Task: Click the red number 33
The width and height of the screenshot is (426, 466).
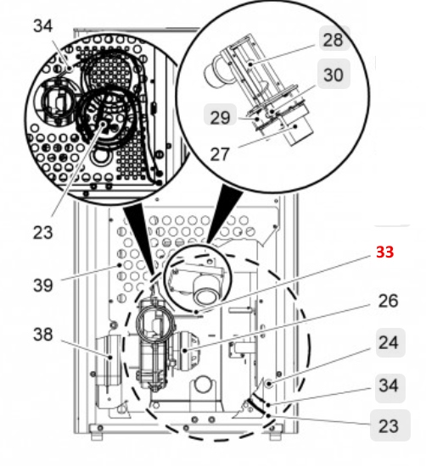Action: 384,252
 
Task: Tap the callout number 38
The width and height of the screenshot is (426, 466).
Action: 43,334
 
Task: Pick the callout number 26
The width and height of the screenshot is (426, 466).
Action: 388,301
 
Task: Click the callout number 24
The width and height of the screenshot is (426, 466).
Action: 388,343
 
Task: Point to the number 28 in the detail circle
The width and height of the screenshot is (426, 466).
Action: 333,39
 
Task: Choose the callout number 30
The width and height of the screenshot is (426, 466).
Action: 333,75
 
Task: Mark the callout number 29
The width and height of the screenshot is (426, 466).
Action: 220,118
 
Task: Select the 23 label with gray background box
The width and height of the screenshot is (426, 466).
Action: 388,425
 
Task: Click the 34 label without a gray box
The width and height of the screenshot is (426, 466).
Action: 42,26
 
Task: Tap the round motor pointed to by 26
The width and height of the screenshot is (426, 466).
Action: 188,347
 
